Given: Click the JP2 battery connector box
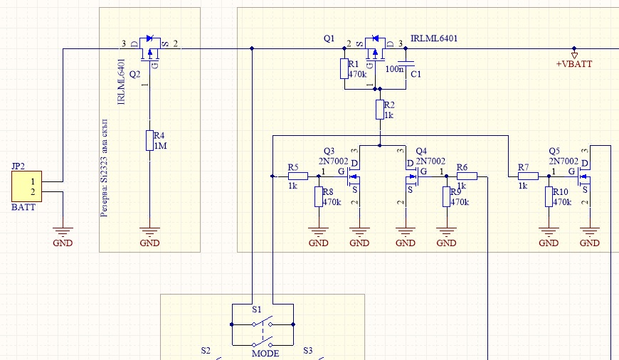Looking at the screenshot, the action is (x=26, y=186).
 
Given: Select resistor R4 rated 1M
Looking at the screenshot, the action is (x=149, y=141).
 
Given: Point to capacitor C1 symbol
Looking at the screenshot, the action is (x=406, y=63).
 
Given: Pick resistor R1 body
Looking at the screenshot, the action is (x=344, y=69).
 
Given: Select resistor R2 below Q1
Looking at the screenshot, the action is (x=380, y=110).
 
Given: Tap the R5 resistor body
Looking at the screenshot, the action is (x=298, y=176).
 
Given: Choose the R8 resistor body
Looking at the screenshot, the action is (x=319, y=196).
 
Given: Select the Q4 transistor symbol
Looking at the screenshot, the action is (x=413, y=176).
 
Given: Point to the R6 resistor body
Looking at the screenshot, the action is (x=467, y=176).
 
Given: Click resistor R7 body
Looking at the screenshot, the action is (x=528, y=176).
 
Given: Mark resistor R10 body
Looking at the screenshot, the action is (x=549, y=196).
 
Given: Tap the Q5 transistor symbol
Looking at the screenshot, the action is (x=583, y=176).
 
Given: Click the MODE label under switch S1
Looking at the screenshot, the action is (x=265, y=354).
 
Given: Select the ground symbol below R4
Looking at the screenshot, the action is (x=149, y=232).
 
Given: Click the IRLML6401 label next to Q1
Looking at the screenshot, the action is (x=434, y=38).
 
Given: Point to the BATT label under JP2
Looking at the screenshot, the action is (x=23, y=207).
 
